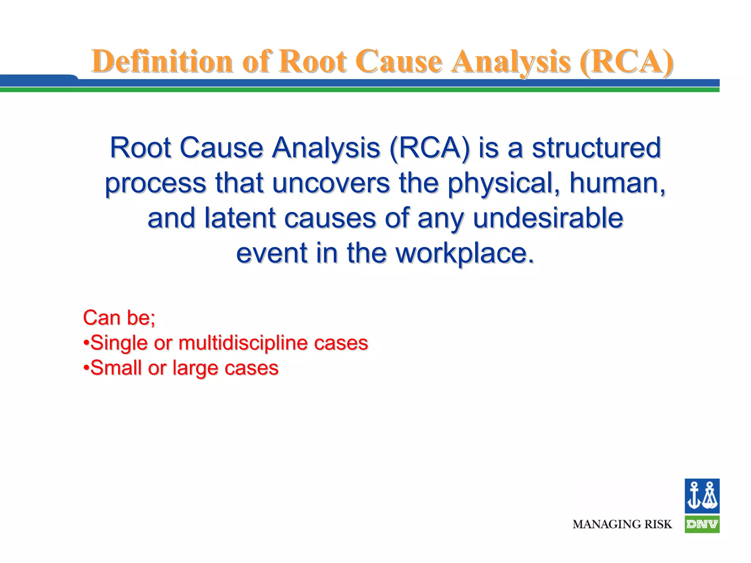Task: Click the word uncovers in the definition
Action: [331, 183]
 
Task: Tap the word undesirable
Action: [548, 218]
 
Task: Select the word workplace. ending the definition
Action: [465, 253]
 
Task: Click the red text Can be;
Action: [119, 317]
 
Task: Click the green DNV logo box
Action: [701, 525]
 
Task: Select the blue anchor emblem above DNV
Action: [701, 496]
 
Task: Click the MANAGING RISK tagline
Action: [622, 525]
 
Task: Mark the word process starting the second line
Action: [155, 183]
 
